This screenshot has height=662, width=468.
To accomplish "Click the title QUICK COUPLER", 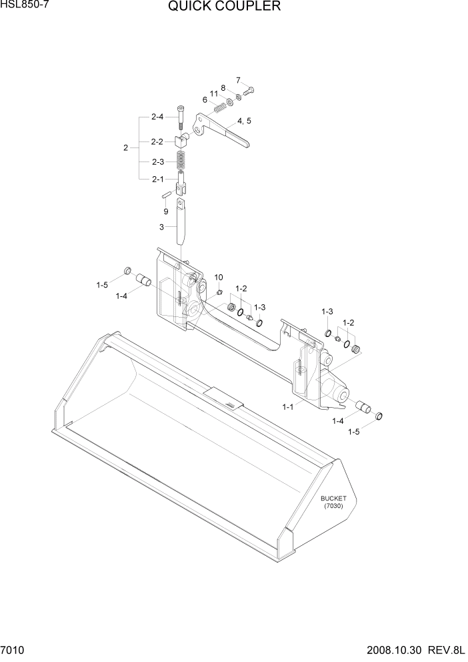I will coord(224,7).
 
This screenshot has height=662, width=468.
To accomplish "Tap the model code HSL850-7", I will coord(25,5).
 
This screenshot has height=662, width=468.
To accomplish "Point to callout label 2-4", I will coord(157,117).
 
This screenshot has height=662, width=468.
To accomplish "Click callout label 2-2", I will coord(157,141).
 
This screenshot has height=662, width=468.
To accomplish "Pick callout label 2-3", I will coord(157,161).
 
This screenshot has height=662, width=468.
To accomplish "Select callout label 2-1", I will coord(157,179).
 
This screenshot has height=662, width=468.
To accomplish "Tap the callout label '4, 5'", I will coord(243,121).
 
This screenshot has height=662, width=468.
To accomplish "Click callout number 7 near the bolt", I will coord(237,81).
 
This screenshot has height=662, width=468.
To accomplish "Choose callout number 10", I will coord(218,277).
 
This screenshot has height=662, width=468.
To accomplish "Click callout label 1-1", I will coord(288,406).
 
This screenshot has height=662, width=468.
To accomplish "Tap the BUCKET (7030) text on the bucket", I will coord(332,502).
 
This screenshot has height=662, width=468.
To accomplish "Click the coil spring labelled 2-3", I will coord(180,160).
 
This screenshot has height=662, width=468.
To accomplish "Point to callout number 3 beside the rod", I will coord(161,227).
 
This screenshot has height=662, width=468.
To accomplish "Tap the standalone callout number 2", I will coord(125,147).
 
